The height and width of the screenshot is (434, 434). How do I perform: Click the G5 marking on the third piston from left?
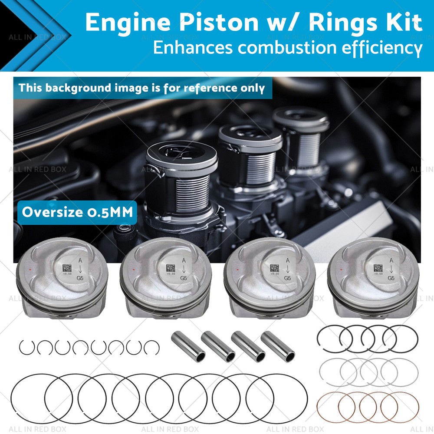[x=287, y=278]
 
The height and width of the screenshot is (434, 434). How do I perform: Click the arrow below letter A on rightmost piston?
[x=391, y=269]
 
